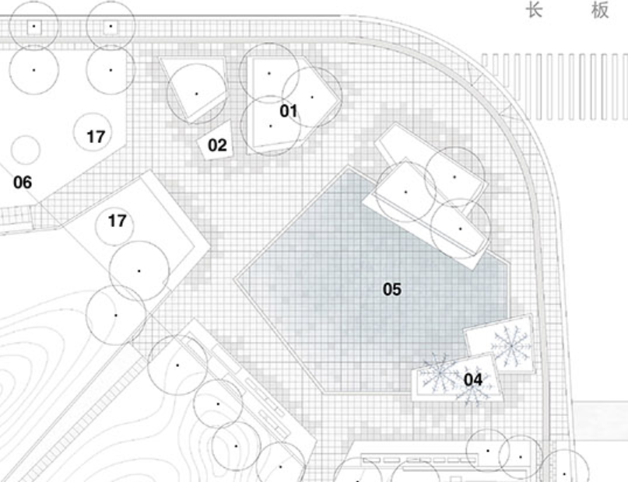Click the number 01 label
289,111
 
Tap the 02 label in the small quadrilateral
217,145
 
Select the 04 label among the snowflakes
473,379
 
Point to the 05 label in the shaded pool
392,289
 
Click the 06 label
23,183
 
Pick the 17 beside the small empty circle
95,137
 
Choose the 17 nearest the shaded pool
117,222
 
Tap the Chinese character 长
535,11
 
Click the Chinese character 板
599,11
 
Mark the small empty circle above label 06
26,150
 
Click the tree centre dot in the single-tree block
196,93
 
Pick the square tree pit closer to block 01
111,27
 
